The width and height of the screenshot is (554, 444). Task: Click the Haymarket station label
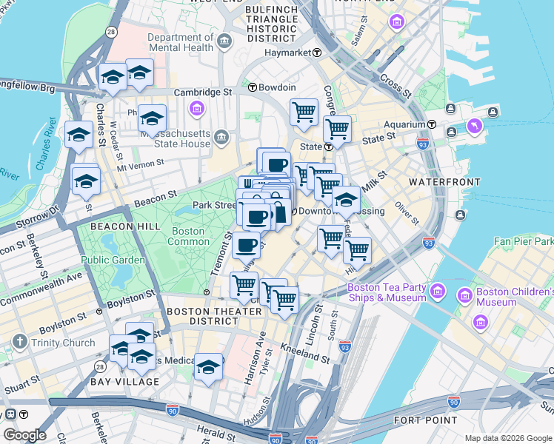click(288, 53)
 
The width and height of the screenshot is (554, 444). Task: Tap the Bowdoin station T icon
click(252, 87)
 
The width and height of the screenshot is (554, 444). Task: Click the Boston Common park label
click(189, 237)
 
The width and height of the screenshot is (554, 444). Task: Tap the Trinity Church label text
click(63, 343)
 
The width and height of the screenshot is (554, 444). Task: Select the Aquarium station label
click(404, 125)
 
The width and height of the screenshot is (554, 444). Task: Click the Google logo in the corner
click(24, 434)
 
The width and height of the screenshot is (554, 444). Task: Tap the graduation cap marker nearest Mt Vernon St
click(86, 181)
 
